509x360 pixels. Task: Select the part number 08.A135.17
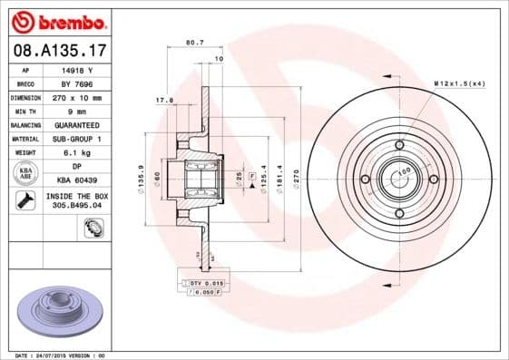[x=57, y=52]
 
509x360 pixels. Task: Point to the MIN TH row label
[x=26, y=110]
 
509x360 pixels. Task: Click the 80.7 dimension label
[x=193, y=42]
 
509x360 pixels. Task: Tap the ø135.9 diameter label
[x=137, y=178]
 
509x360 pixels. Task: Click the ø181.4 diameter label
[x=279, y=177]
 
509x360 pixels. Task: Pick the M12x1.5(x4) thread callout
[x=459, y=83]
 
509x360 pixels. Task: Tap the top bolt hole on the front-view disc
[x=398, y=145]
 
